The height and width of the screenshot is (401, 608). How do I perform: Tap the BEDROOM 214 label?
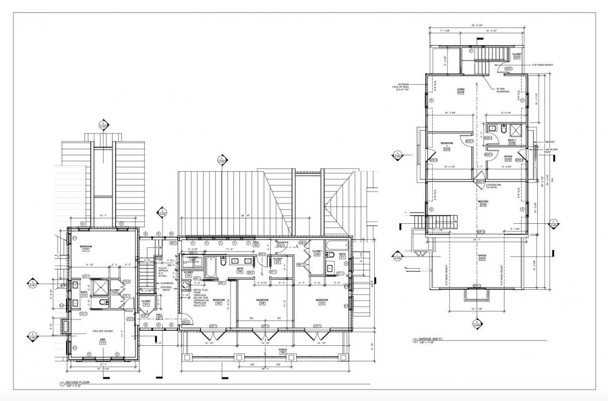[x=86, y=248]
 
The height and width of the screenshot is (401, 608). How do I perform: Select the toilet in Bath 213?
[x=93, y=302]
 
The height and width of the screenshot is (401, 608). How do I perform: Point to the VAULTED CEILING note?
[x=102, y=331]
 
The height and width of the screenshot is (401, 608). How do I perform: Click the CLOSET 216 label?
[x=146, y=303]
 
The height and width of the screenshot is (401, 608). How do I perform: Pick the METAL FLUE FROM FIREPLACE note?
[x=200, y=296]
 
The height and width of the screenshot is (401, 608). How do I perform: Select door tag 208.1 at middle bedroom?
[x=265, y=326]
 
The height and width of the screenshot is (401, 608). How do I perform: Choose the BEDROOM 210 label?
[x=322, y=301]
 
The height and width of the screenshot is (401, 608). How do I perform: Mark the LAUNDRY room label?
[x=193, y=258]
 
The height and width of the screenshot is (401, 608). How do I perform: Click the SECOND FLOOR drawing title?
[x=78, y=382]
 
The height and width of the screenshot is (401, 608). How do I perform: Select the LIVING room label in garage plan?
[x=460, y=90]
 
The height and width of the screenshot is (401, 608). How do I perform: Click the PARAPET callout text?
[x=549, y=142]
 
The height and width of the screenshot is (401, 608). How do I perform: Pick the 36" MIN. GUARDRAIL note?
[x=503, y=90]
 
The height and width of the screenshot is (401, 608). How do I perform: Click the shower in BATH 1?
[x=515, y=129]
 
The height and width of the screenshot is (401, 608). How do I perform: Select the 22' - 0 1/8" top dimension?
[x=478, y=26]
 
